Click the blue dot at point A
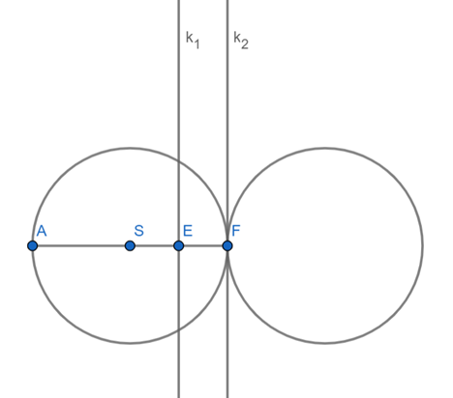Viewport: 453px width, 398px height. pos(33,246)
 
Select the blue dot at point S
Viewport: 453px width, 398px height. pos(130,246)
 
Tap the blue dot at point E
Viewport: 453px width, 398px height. pos(179,246)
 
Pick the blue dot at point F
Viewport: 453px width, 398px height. pos(227,246)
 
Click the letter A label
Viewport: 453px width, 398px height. pos(42,231)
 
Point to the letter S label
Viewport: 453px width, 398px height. pos(138,231)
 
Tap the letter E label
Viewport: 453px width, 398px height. pos(188,231)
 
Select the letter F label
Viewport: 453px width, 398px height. pos(236,231)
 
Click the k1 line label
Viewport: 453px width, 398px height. pos(193,40)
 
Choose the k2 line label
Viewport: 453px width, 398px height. pos(241,41)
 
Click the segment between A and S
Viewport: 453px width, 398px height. pos(81,246)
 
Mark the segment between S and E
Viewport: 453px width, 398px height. pos(154,246)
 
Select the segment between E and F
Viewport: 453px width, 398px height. pos(203,246)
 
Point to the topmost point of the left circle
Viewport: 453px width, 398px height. pos(130,149)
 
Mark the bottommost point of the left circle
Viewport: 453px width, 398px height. pos(130,343)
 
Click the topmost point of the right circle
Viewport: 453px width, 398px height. pos(325,149)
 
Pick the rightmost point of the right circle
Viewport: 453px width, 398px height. pos(422,246)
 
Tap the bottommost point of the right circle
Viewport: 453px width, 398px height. pos(325,343)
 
